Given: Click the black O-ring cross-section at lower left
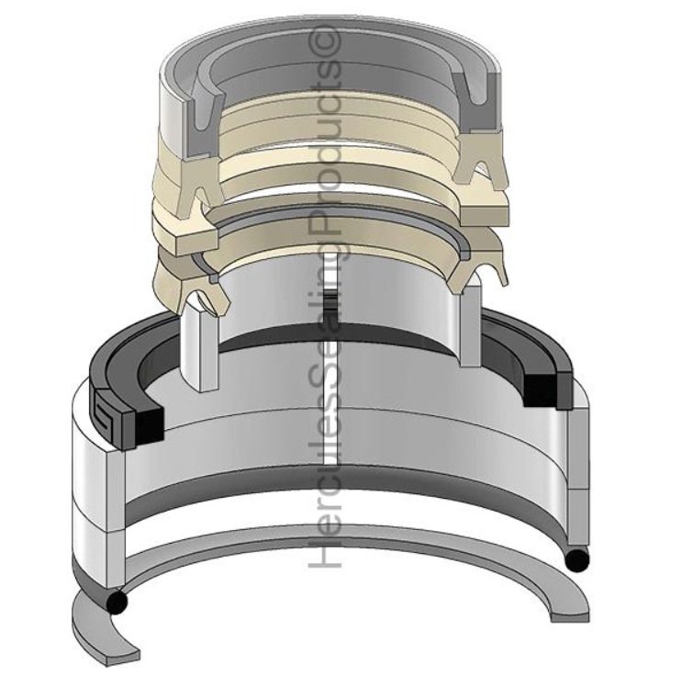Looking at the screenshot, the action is point(117,602).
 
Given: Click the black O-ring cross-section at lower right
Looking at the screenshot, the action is point(578,560).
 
